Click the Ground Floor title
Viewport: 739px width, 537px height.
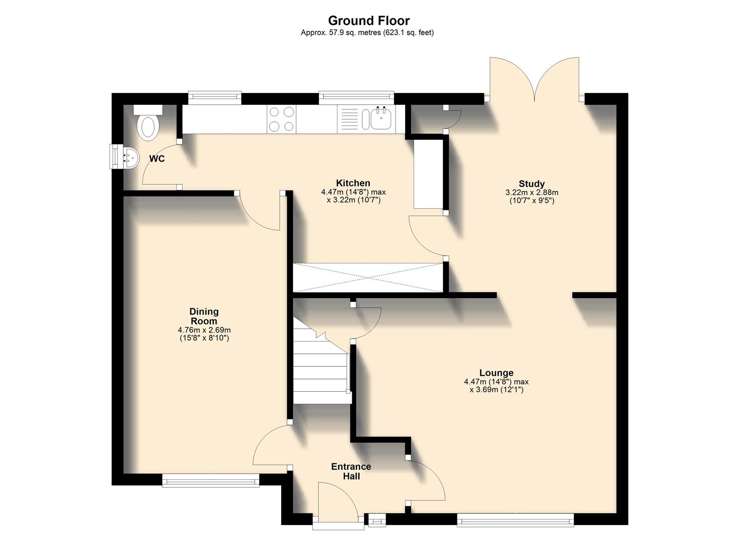(x=369, y=20)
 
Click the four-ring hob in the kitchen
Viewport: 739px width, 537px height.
(x=281, y=119)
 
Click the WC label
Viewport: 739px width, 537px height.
(x=157, y=159)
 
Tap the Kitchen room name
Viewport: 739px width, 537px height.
(x=353, y=183)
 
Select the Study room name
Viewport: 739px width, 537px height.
(x=531, y=183)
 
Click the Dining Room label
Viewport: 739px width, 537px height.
(x=204, y=316)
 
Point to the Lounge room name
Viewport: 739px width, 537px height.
(x=496, y=372)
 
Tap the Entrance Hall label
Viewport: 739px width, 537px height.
(x=351, y=471)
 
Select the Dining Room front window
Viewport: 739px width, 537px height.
(x=211, y=480)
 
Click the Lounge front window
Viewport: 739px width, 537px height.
(x=515, y=521)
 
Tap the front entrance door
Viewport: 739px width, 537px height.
(x=338, y=502)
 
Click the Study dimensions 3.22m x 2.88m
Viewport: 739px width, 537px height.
(x=531, y=196)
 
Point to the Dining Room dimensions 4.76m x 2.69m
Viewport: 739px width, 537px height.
(x=204, y=334)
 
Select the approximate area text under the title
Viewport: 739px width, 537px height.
(x=367, y=33)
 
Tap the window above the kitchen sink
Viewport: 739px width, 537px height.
(x=356, y=98)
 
